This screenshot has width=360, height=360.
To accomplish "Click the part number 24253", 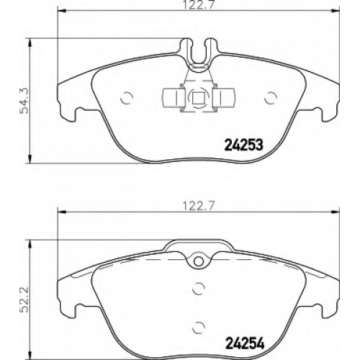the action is coord(243,145).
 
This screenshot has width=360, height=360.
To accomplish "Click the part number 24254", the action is coord(244,343).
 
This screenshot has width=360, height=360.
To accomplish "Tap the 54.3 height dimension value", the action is coord(24,101).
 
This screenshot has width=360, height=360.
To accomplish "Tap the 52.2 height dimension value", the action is coord(24,299).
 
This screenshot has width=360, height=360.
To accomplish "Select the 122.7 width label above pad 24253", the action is coord(198,5).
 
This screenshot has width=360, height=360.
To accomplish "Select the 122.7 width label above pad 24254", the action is coord(198,206).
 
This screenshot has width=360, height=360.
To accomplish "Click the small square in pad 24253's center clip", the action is coord(199,98).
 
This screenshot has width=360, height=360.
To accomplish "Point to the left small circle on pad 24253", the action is coord(127,98).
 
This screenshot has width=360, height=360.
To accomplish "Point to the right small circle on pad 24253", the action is coord(271,98).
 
